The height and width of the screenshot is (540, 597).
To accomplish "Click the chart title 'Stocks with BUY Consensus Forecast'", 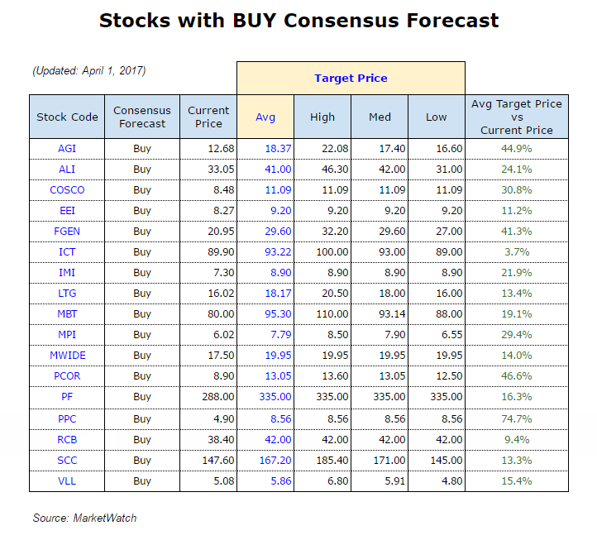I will tap(298, 20).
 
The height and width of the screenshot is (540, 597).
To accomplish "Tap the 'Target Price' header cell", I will tap(351, 79).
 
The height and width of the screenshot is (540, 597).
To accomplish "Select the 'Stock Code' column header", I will tap(67, 117).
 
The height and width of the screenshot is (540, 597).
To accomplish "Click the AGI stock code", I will tap(67, 149).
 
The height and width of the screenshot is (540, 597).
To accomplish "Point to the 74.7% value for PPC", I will tap(516, 418).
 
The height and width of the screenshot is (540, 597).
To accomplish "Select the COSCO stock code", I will tap(67, 190).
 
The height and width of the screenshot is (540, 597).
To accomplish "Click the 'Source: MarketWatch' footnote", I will tap(84, 518).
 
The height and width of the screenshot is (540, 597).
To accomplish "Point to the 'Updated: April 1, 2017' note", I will tap(89, 71).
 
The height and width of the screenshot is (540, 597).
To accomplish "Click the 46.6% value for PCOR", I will tap(516, 377).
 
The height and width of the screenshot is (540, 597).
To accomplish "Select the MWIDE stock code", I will tap(67, 356).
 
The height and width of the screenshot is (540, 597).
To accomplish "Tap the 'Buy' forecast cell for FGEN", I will tap(142, 232).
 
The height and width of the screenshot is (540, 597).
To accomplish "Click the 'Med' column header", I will tap(380, 117).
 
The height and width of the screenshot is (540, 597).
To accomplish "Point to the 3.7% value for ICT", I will tap(516, 252).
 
